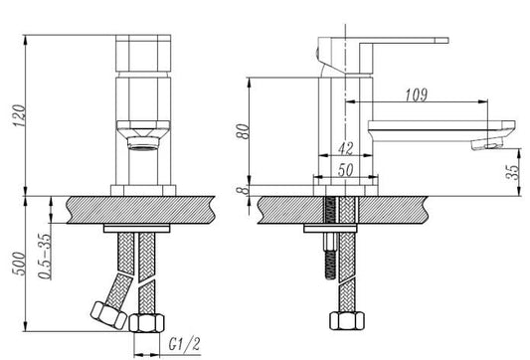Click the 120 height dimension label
(x=20, y=115)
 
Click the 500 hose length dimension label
(x=19, y=264)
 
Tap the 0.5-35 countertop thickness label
(x=46, y=256)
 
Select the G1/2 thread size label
(x=185, y=344)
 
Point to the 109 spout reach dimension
(x=416, y=94)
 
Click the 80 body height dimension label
(x=243, y=131)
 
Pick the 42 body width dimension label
(x=345, y=148)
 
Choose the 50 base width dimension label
(x=345, y=170)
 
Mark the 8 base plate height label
(x=243, y=191)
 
